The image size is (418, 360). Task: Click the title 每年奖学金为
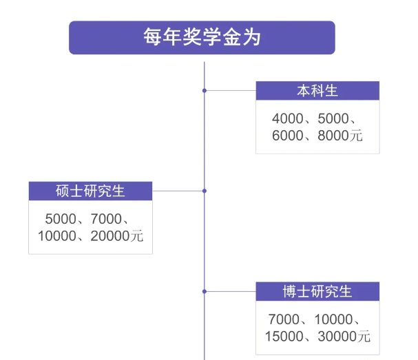(x=202, y=37)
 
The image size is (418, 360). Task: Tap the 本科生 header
(x=317, y=91)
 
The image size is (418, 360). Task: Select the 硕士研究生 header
(x=90, y=191)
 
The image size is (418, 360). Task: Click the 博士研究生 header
(x=317, y=291)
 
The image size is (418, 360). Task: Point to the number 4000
(x=288, y=118)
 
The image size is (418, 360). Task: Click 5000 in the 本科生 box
(x=333, y=118)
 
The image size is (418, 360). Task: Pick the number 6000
(x=288, y=136)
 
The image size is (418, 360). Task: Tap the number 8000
(x=333, y=136)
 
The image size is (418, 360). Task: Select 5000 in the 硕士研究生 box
(x=61, y=219)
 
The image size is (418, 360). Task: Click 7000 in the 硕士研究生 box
(x=106, y=219)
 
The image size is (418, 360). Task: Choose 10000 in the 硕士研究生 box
(x=57, y=236)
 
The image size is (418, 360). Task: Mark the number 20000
(x=110, y=236)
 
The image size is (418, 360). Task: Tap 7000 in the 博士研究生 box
(x=284, y=319)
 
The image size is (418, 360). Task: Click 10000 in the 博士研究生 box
(x=334, y=319)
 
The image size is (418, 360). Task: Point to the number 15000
(x=284, y=337)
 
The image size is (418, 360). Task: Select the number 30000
(x=337, y=337)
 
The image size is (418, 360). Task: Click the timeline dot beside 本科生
(x=205, y=91)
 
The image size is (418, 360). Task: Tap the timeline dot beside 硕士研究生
(x=205, y=191)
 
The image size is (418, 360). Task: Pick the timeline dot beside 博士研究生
(x=205, y=291)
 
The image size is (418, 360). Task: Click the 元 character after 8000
(x=356, y=136)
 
